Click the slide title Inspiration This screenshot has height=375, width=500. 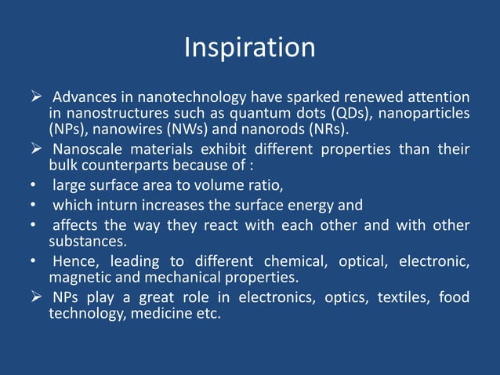pos(249,48)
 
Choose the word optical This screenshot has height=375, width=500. pos(365,260)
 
